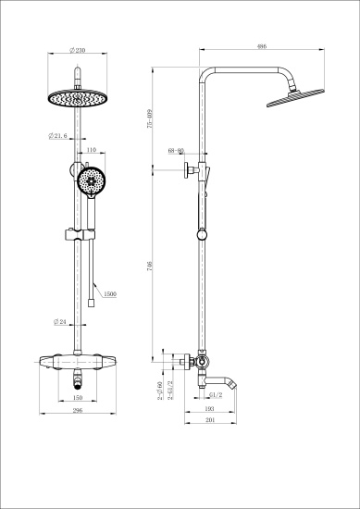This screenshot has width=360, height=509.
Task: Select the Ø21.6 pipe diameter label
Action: click(58, 136)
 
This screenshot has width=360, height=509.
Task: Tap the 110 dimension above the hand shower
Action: click(90, 149)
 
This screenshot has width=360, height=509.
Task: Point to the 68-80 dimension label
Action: click(176, 149)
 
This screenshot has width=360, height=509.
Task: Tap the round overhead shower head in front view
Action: click(72, 97)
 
